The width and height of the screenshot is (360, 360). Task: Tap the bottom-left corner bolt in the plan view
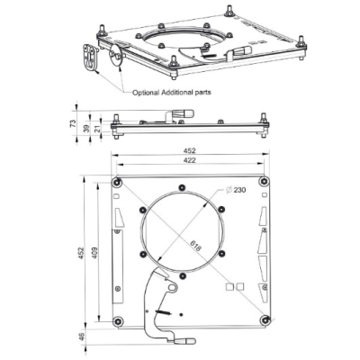click(118, 319)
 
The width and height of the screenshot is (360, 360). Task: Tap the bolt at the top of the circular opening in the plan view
click(181, 189)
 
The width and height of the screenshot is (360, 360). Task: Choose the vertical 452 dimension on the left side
click(80, 253)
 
